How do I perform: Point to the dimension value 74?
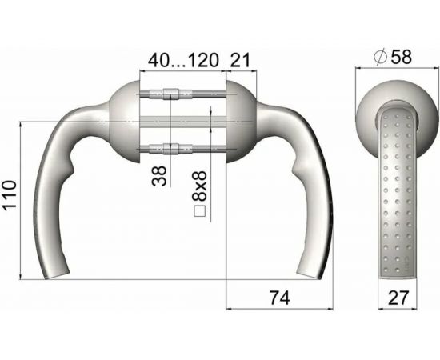coord(278,298)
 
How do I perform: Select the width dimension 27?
coord(396,298)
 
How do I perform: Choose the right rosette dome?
coord(243,120)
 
